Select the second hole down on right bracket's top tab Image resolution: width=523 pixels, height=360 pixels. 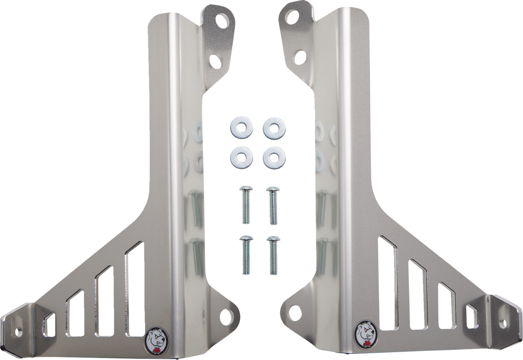tap(300, 55)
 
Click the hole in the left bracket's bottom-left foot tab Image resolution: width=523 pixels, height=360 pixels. tap(18, 331)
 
